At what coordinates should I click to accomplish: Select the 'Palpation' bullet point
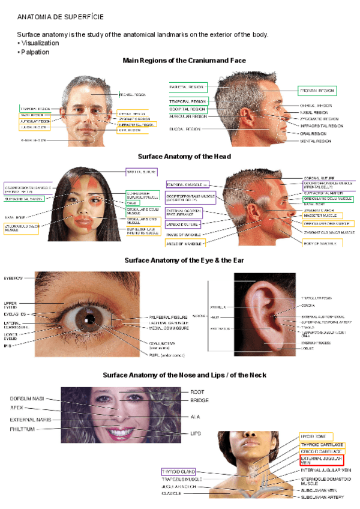click(35, 52)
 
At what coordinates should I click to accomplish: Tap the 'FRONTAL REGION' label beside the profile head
click(317, 91)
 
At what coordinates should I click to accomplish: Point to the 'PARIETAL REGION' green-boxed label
click(188, 87)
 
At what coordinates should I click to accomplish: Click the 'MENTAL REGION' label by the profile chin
click(316, 141)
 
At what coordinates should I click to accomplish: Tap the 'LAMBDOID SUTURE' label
click(183, 224)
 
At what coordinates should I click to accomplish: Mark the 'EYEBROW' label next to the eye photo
click(13, 279)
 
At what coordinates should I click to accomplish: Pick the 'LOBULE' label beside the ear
click(307, 348)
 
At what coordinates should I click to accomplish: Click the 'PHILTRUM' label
click(23, 429)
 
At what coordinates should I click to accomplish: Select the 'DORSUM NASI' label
click(27, 399)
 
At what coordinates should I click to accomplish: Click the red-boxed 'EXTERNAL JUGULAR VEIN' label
click(322, 460)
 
